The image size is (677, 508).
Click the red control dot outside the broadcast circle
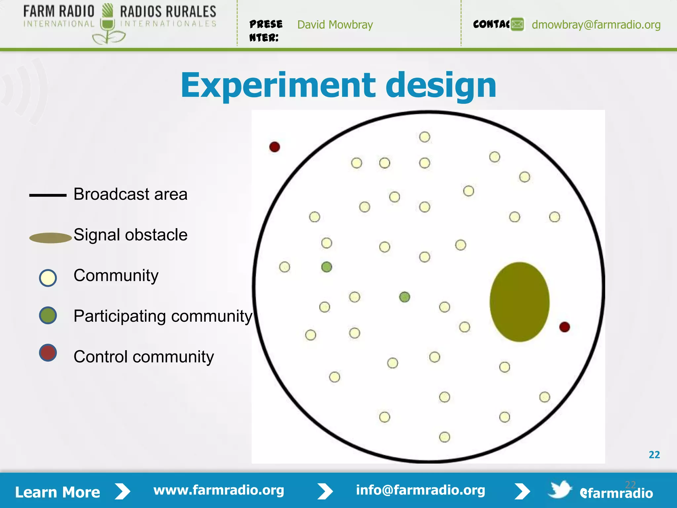(274, 147)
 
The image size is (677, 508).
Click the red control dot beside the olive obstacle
(564, 327)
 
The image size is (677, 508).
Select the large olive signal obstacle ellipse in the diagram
(519, 302)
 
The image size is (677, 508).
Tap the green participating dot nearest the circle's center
(404, 297)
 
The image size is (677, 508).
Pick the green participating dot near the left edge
(327, 267)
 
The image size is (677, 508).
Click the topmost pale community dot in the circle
(424, 137)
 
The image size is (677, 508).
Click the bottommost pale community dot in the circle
(444, 437)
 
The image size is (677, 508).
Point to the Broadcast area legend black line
(48, 195)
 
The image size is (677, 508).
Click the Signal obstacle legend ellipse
(50, 238)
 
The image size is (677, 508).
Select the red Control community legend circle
(48, 353)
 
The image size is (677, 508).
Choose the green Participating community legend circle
(48, 315)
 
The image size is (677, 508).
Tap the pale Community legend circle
(48, 278)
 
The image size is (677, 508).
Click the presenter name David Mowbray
(335, 25)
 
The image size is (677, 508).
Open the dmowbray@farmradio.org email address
(596, 25)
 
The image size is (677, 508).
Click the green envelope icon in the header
(517, 24)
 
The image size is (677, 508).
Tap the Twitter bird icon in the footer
(559, 489)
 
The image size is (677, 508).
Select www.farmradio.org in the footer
(219, 490)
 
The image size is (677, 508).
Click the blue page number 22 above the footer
(654, 455)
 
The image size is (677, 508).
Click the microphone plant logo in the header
(108, 25)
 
